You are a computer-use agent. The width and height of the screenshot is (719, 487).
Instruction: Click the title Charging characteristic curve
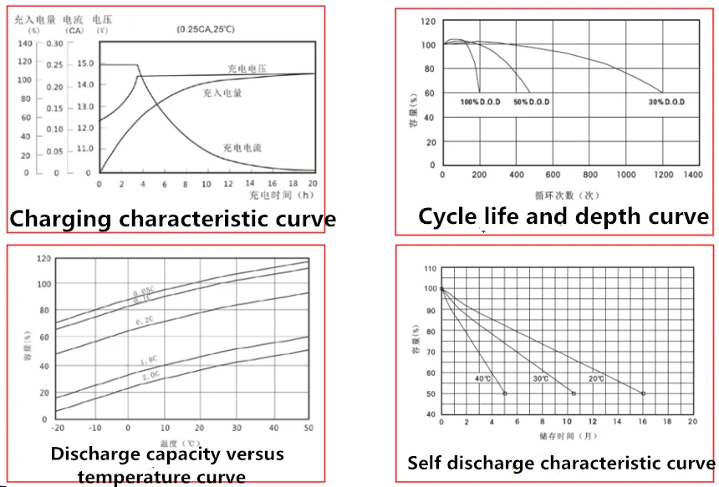click(x=173, y=220)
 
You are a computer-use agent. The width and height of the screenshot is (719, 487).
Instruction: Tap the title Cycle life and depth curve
click(x=563, y=217)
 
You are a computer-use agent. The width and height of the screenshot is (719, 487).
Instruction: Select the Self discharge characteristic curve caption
click(x=561, y=463)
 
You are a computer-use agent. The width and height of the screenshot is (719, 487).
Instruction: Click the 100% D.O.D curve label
click(x=480, y=102)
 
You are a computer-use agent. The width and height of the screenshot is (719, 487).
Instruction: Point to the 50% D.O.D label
click(x=532, y=102)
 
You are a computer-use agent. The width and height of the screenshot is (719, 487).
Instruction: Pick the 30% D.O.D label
click(x=666, y=102)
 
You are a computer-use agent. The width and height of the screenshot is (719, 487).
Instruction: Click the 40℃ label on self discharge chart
click(x=483, y=378)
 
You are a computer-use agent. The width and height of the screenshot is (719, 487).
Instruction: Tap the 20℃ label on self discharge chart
click(x=595, y=378)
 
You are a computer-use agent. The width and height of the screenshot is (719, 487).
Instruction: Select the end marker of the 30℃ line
click(x=574, y=393)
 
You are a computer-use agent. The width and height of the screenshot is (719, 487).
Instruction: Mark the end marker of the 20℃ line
click(x=643, y=393)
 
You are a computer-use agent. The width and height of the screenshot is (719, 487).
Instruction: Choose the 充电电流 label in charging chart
click(x=242, y=148)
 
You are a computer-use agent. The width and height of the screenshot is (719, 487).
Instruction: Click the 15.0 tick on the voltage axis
click(x=85, y=64)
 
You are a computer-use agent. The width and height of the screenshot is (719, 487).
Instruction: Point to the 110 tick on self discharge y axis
click(x=431, y=269)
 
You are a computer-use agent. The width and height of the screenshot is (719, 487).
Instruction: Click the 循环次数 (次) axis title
click(x=567, y=194)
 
